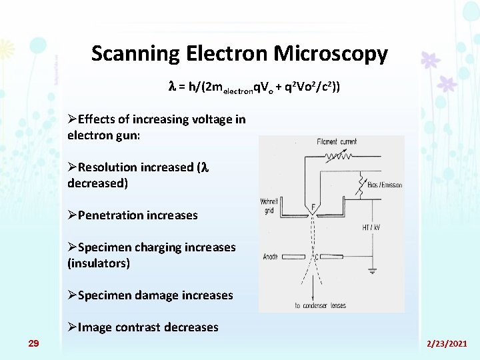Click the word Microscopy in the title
point(332,54)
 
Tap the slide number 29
point(33,343)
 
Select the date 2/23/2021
point(447,343)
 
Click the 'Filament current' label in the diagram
point(337,141)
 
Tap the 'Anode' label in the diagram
point(271,257)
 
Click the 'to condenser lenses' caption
point(320,305)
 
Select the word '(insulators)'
point(99,263)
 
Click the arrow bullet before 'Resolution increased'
point(73,167)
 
